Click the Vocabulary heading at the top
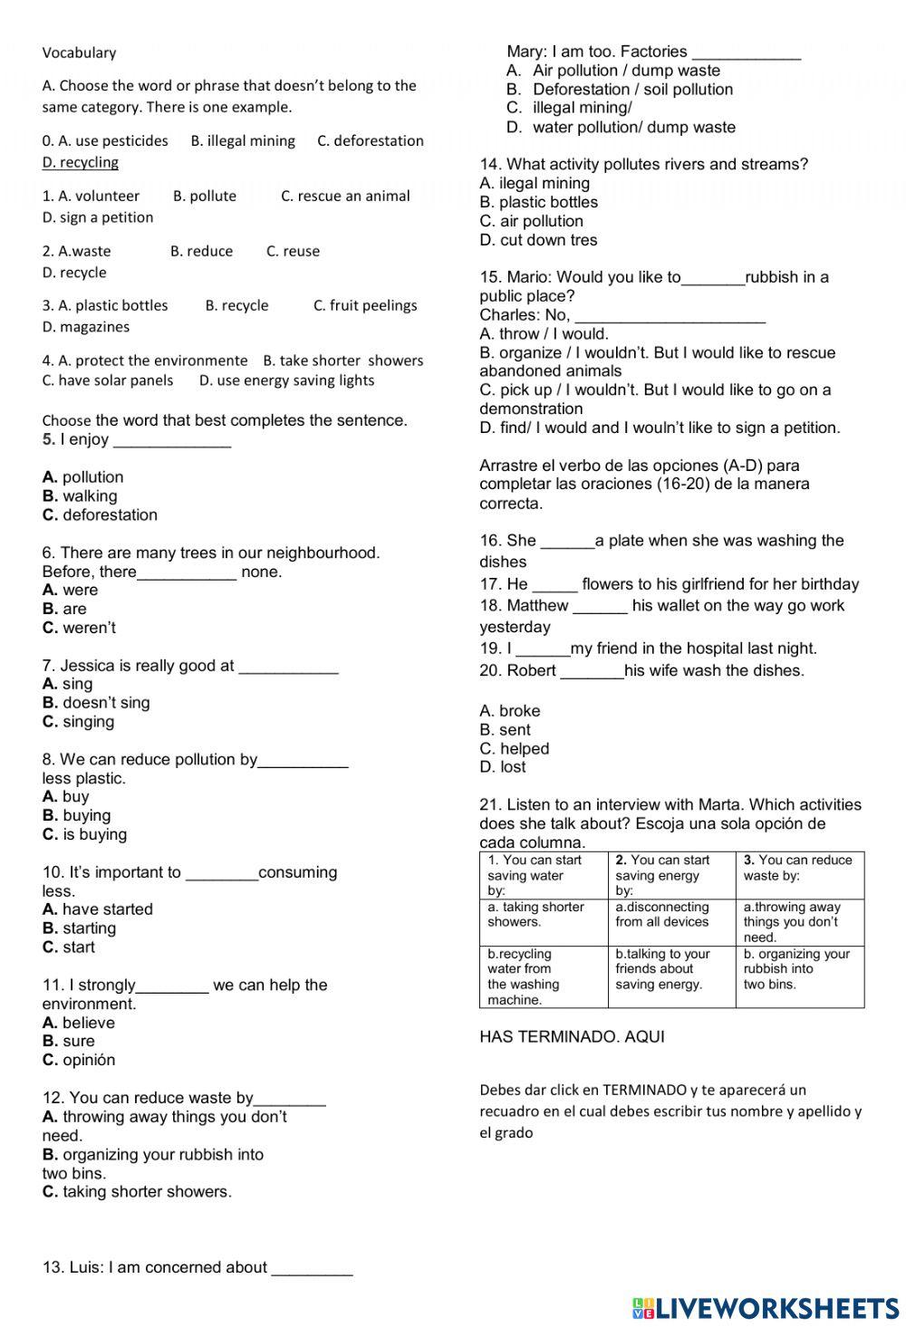tap(79, 53)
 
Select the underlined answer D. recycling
tap(80, 162)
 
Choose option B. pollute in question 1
tap(204, 196)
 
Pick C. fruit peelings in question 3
tap(365, 305)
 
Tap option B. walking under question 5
tap(80, 495)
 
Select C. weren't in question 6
tap(79, 628)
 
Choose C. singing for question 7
tap(78, 722)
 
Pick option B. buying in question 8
tap(76, 815)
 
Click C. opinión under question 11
tap(79, 1060)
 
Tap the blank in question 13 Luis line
tap(312, 1269)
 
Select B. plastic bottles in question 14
tap(538, 202)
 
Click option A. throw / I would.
tap(544, 333)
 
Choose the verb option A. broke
tap(509, 711)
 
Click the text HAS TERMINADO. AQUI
tap(572, 1037)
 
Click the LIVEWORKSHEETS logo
tap(766, 1307)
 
